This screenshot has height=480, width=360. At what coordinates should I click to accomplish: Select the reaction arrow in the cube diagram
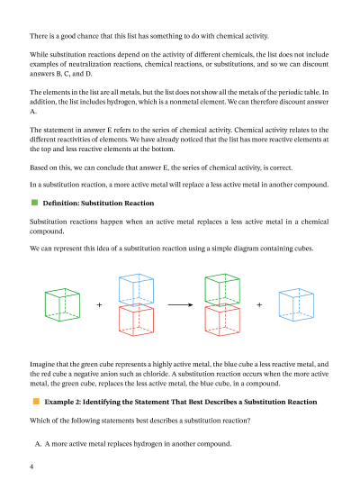181,305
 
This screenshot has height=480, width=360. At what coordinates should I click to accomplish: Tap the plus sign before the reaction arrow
99,305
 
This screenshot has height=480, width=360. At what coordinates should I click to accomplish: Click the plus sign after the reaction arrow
259,305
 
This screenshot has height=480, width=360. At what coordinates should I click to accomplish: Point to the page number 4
31,467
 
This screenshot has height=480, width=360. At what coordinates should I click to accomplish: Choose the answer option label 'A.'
40,444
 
